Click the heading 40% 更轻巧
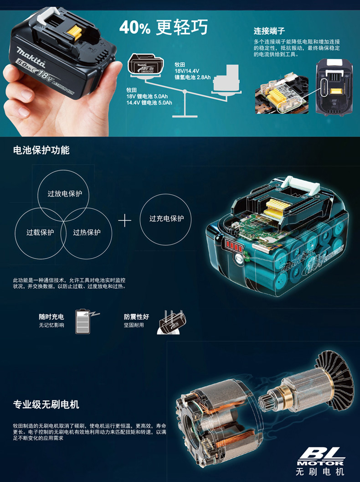[x=164, y=27]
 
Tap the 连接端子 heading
[x=269, y=31]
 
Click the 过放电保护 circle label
[x=65, y=194]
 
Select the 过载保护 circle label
[x=40, y=232]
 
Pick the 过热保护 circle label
[x=87, y=232]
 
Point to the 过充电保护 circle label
[x=166, y=218]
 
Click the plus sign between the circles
[x=124, y=220]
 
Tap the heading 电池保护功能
[x=41, y=150]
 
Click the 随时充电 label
[x=51, y=316]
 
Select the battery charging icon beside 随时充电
[x=86, y=321]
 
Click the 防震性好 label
[x=136, y=316]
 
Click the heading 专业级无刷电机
[x=46, y=404]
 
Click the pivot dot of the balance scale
[x=185, y=92]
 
